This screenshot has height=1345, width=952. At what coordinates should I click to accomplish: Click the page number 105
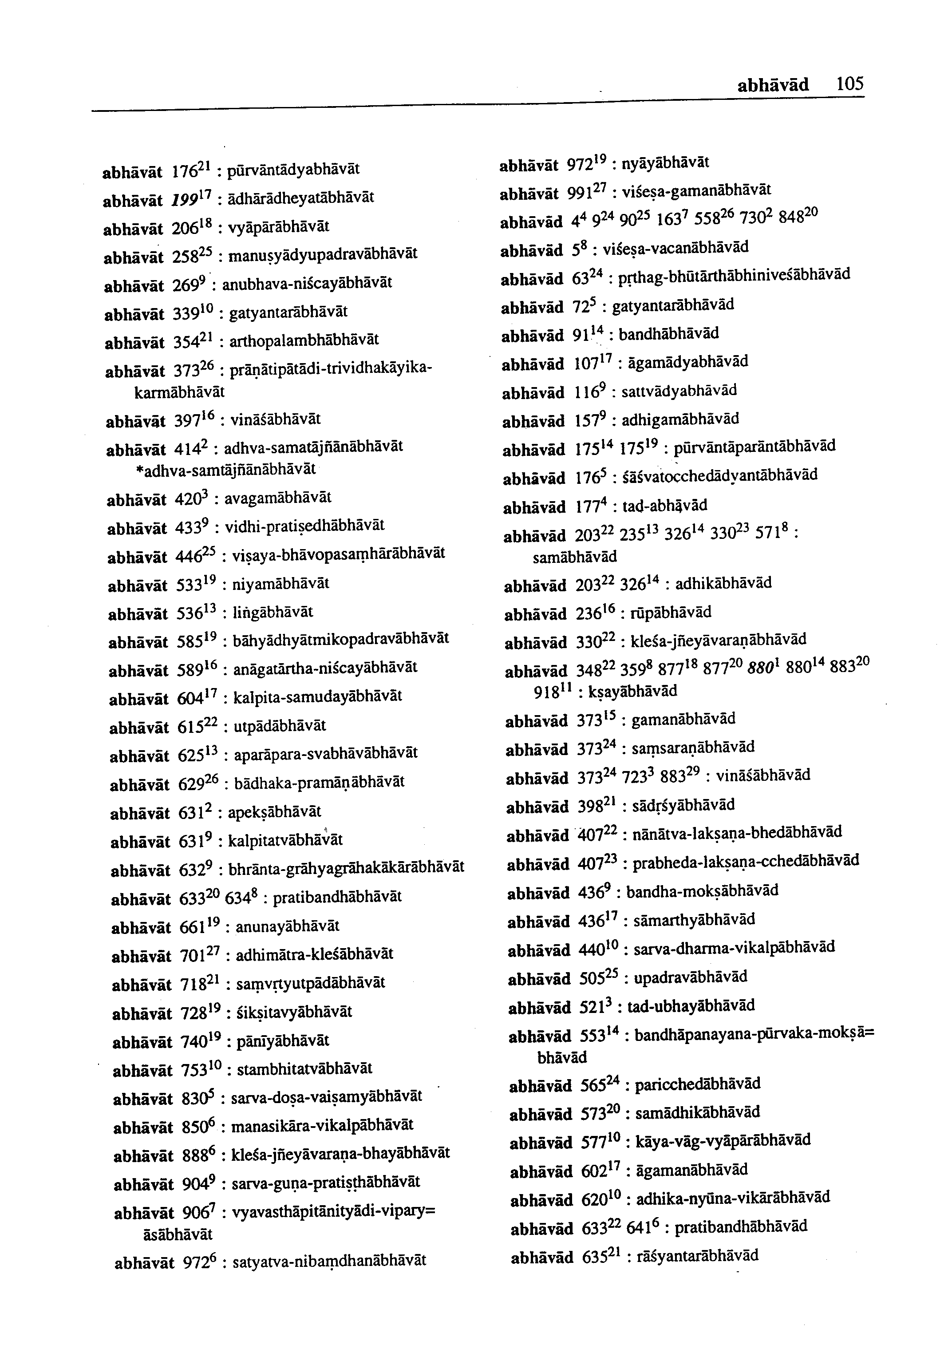pyautogui.click(x=850, y=85)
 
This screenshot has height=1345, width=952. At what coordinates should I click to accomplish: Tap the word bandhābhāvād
pyautogui.click(x=669, y=334)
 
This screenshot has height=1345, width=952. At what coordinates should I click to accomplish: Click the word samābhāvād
pyautogui.click(x=574, y=556)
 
